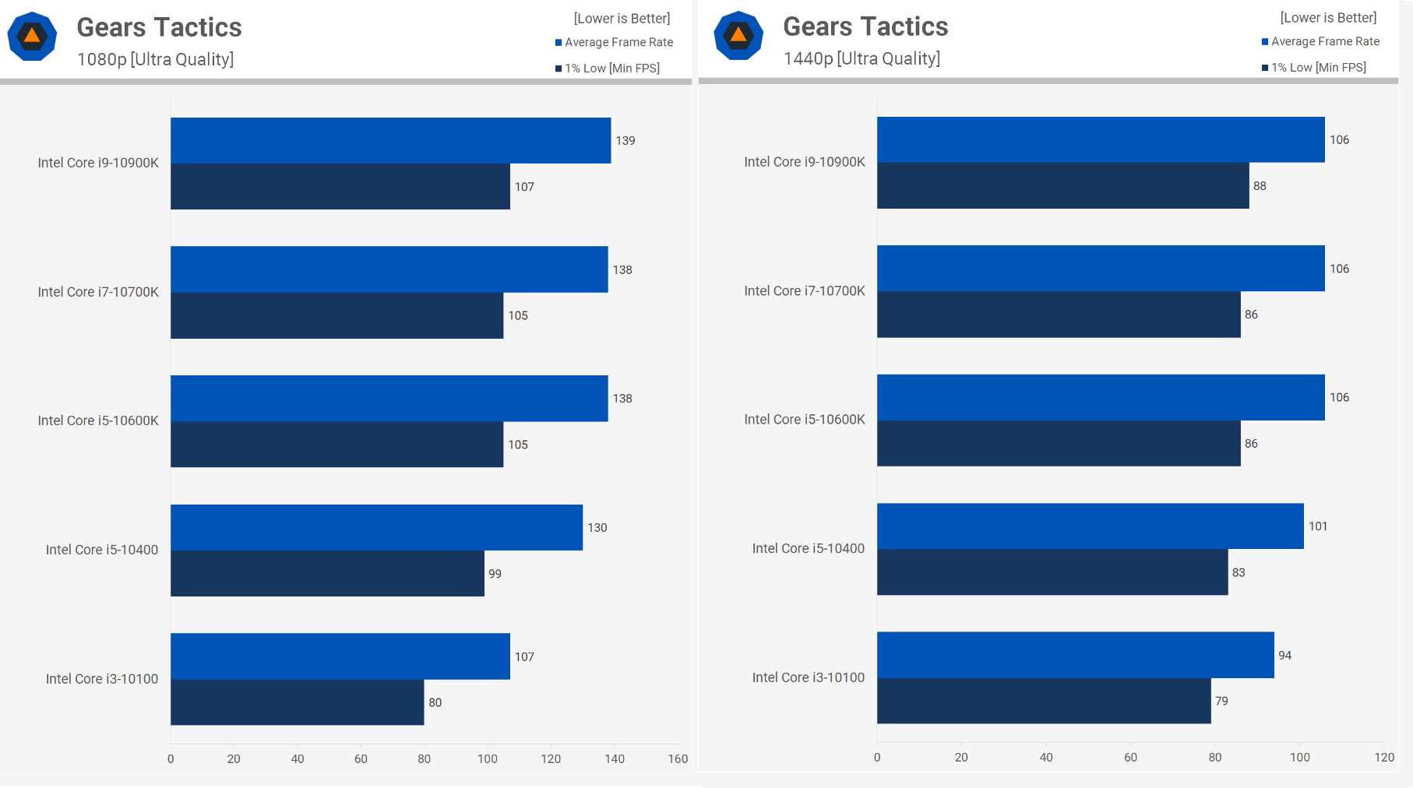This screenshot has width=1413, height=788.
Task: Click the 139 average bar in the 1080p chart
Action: [389, 140]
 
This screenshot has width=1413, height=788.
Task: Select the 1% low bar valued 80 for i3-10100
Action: [297, 702]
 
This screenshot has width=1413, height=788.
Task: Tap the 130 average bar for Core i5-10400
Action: [376, 527]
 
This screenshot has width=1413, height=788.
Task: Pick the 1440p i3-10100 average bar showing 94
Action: [1075, 655]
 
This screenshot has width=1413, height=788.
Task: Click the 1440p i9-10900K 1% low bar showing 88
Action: [1062, 185]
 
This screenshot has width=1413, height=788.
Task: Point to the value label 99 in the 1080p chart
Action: [495, 574]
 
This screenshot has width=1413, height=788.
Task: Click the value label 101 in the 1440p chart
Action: [1317, 526]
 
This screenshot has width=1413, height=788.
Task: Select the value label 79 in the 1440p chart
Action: [1221, 701]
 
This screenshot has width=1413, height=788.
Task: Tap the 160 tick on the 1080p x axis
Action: [678, 759]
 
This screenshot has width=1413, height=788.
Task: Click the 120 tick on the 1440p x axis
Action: [1384, 758]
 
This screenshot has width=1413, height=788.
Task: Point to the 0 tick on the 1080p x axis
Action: [171, 759]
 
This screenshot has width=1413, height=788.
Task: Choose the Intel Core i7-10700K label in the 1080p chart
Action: [98, 292]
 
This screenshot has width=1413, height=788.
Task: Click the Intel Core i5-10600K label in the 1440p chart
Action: [805, 420]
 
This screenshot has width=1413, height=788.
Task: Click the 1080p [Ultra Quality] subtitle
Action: [155, 59]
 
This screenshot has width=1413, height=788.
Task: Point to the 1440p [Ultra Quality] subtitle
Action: [862, 58]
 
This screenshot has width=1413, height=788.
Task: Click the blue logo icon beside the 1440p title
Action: [738, 36]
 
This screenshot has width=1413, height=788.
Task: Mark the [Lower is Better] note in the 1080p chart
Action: [622, 18]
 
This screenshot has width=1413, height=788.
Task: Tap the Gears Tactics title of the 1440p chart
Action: [865, 26]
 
